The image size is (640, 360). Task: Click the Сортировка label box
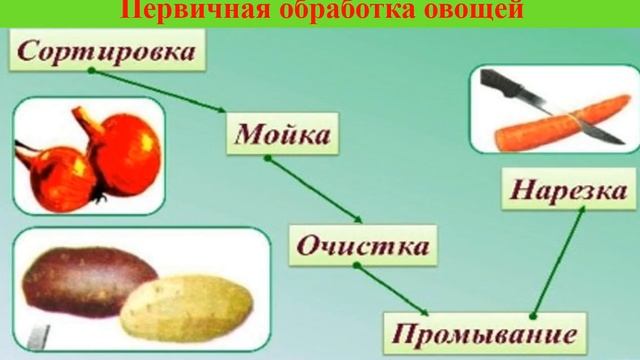pyautogui.click(x=106, y=51)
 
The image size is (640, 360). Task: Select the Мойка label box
pyautogui.click(x=284, y=135)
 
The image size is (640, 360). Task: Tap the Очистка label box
pyautogui.click(x=364, y=245)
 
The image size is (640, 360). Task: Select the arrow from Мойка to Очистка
pyautogui.click(x=316, y=190)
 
